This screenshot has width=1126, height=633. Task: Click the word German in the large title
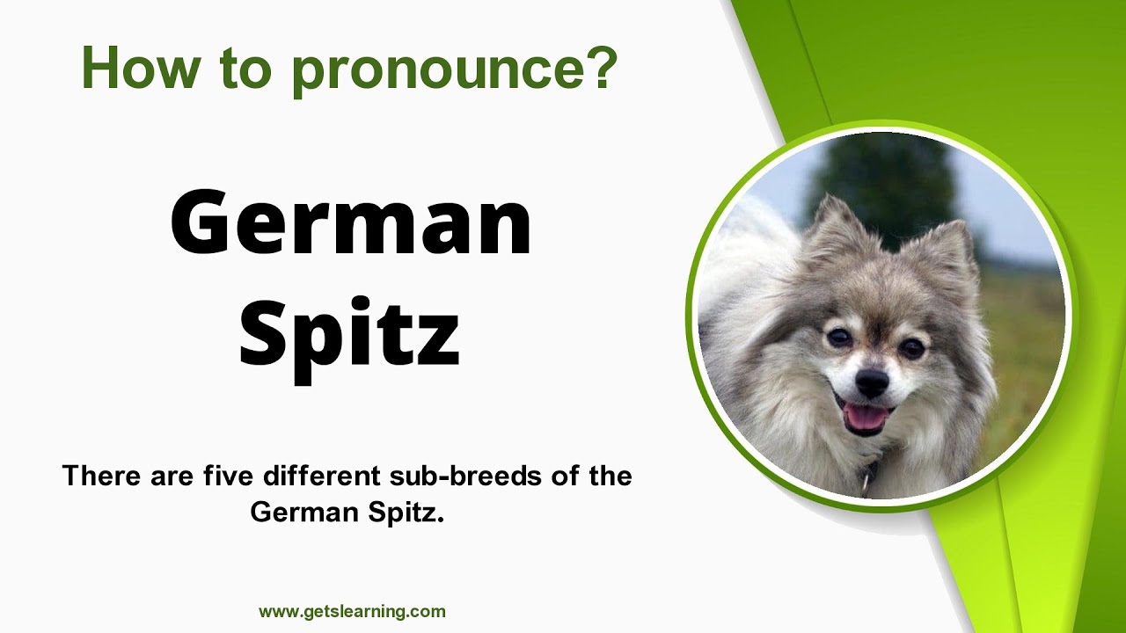(x=350, y=222)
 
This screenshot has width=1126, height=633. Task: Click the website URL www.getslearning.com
(x=352, y=611)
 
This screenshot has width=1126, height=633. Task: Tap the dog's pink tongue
(x=866, y=418)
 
